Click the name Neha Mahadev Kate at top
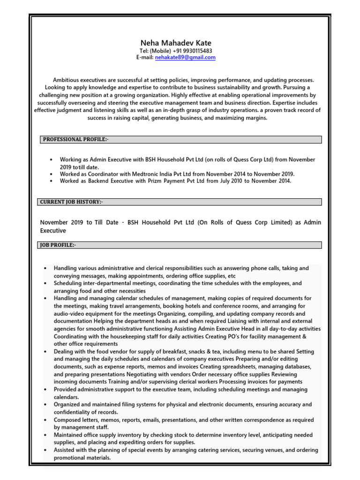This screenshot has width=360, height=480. pos(176,43)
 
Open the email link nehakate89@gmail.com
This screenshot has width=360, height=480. pos(185,58)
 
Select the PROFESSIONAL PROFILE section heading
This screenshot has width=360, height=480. pos(76,140)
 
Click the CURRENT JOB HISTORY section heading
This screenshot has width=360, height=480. pos(70,202)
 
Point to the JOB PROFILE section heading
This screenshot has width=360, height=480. pos(57,245)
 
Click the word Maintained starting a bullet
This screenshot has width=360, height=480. pos(70,435)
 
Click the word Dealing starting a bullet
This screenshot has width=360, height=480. pos(64,352)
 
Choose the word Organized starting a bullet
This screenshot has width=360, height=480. pos(68,405)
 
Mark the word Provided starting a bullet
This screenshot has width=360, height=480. pos(67,389)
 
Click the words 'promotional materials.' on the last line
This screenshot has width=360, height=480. pos(82,458)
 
